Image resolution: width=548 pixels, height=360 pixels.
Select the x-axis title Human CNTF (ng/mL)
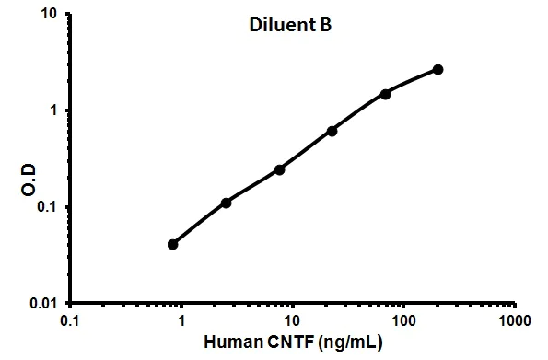pyautogui.click(x=292, y=343)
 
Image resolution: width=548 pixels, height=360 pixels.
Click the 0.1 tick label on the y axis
pyautogui.click(x=46, y=206)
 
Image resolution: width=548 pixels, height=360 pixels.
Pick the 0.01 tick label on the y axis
pyautogui.click(x=42, y=303)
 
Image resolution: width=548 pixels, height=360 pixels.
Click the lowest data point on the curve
pyautogui.click(x=173, y=244)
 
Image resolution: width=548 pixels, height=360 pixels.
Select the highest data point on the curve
pyautogui.click(x=437, y=69)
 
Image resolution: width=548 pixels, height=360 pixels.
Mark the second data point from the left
pyautogui.click(x=226, y=203)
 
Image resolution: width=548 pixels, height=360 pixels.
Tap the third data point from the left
pyautogui.click(x=279, y=169)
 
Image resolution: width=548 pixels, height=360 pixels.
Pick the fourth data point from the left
pyautogui.click(x=332, y=131)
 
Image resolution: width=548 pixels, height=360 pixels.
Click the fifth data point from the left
pyautogui.click(x=385, y=94)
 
